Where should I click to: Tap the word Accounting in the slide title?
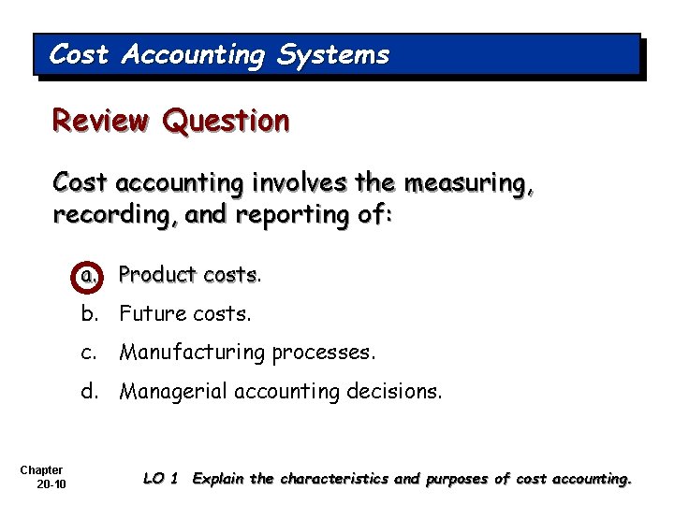point(193,56)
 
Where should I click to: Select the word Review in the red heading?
point(101,121)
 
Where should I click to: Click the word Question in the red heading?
point(226,121)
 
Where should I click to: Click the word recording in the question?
point(103,215)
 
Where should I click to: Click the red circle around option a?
point(89,275)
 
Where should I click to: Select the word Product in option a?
point(157,275)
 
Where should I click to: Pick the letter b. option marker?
point(89,313)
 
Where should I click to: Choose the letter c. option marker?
point(89,353)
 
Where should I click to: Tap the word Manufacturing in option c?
point(193,353)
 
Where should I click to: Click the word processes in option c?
point(321,353)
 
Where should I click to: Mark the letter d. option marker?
point(89,391)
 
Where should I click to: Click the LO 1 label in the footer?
point(161,479)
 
